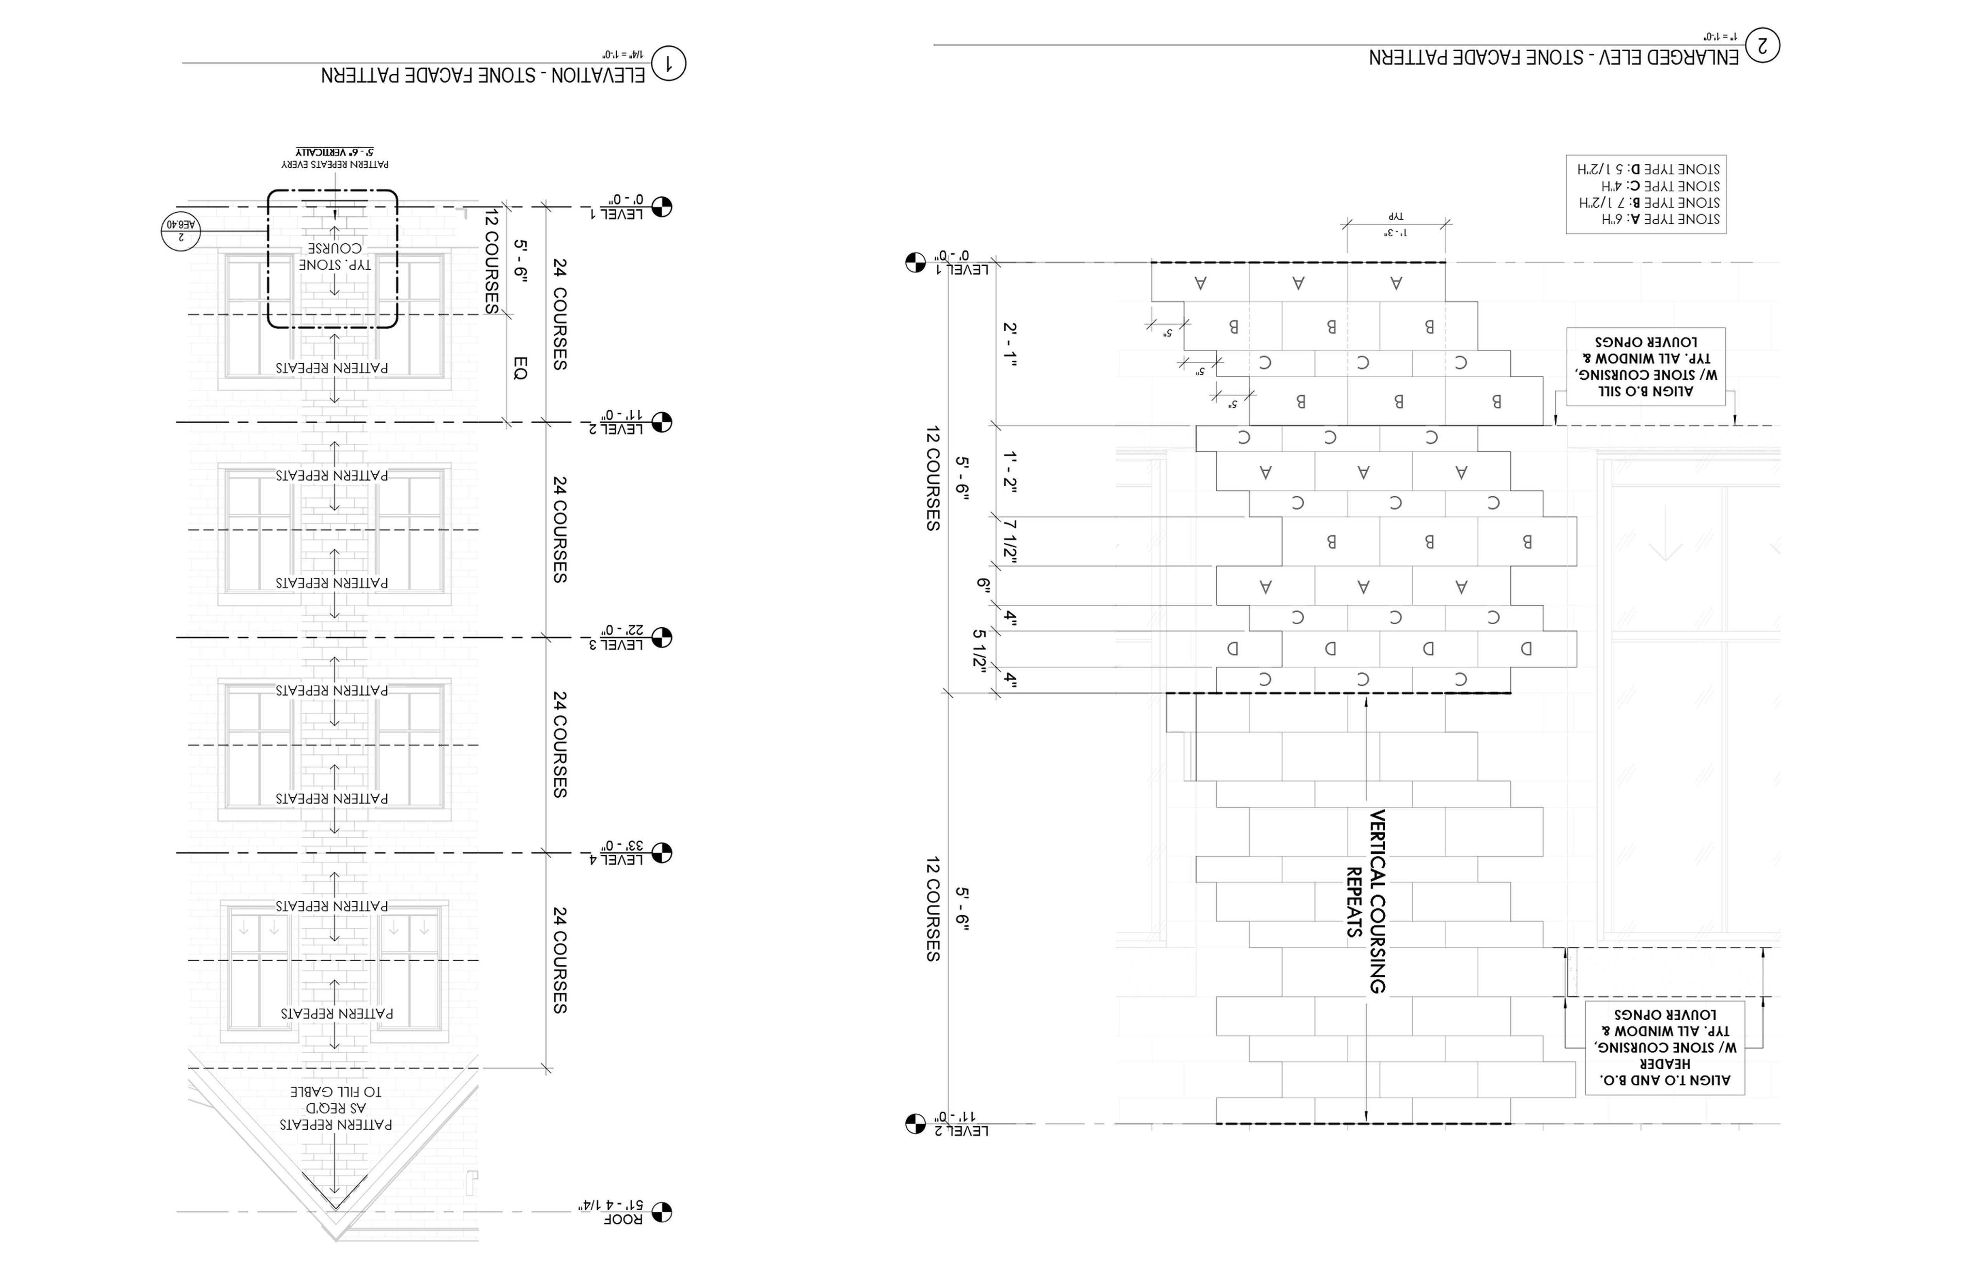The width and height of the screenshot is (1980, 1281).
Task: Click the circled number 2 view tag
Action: pos(1762,45)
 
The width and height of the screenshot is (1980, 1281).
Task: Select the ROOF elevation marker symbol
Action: pos(662,1212)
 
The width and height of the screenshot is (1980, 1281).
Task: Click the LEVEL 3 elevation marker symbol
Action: pos(662,638)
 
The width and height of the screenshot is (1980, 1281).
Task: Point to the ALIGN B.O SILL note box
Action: pos(1646,366)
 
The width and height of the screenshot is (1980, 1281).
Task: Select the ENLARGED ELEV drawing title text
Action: pos(1553,57)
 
